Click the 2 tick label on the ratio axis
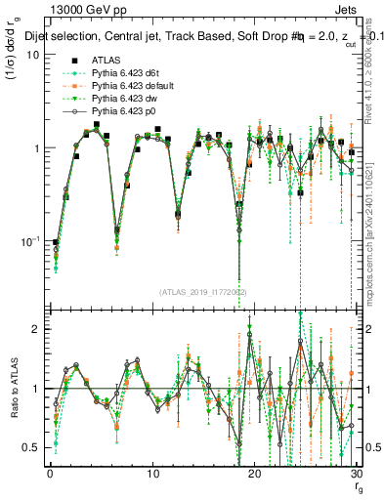click(36, 330)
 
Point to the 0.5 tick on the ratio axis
click(31, 447)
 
